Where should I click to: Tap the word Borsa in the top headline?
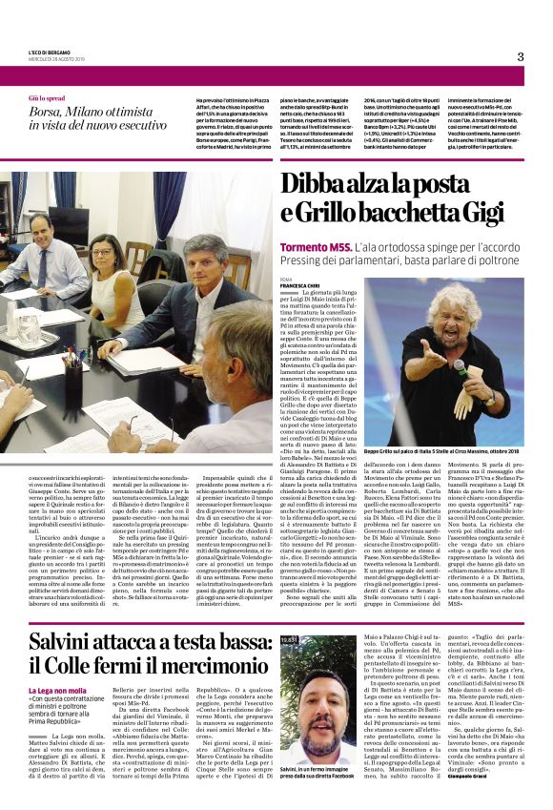[x=51, y=113]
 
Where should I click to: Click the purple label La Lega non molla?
[x=58, y=663]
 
